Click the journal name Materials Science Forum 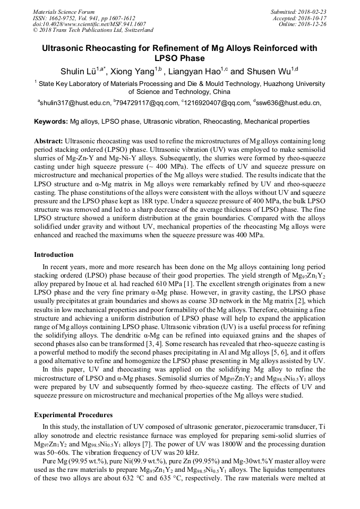(64, 12)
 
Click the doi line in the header (90, 24)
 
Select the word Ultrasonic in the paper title (68, 48)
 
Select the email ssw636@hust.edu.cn (288, 103)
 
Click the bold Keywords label (51, 122)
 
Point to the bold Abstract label (48, 142)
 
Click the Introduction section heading (54, 255)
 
